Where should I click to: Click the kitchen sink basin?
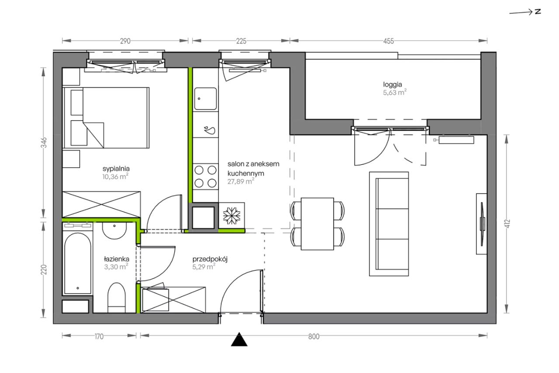[205, 99]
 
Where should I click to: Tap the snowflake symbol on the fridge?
[231, 215]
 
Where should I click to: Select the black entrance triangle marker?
[239, 339]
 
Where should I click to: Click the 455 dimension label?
[389, 41]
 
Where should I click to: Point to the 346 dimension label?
[44, 142]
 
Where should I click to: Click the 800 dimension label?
[314, 337]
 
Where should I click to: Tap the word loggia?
[393, 85]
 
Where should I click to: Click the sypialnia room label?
[116, 169]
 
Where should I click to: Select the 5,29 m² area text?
[204, 267]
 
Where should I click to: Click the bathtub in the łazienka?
[78, 263]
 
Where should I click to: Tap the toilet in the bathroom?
[117, 297]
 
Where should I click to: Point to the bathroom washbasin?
[114, 231]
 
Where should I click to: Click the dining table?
[317, 224]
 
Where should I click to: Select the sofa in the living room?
[389, 224]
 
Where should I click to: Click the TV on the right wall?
[482, 224]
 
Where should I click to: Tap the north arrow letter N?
[538, 11]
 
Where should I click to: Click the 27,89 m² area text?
[241, 181]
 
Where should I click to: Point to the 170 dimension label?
[99, 337]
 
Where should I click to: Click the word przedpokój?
[210, 259]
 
